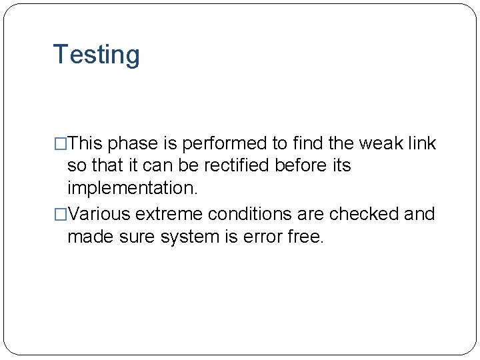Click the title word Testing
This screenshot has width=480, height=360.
tap(96, 55)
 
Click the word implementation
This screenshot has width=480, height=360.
tap(132, 188)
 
